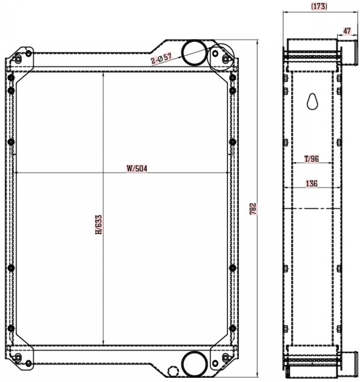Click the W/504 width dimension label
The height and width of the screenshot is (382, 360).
click(137, 168)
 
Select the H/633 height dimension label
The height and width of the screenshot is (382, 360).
click(98, 225)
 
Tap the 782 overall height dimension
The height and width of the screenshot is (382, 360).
click(253, 209)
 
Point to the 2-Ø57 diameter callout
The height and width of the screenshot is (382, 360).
click(161, 58)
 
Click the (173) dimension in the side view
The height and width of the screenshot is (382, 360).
click(319, 6)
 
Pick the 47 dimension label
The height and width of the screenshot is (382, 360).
click(347, 31)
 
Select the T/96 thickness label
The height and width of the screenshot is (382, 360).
click(312, 159)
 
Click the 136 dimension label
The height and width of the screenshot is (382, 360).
click(312, 183)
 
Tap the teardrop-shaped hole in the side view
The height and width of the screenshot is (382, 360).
click(312, 102)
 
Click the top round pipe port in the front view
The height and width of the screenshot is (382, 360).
click(194, 52)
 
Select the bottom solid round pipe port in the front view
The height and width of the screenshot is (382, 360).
click(194, 364)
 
